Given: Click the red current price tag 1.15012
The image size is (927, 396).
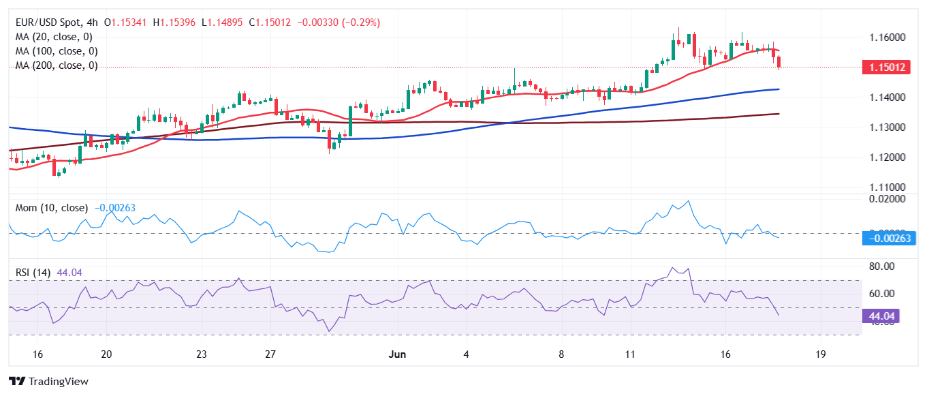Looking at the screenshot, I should pyautogui.click(x=884, y=67).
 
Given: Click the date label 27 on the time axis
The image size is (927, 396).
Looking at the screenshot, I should pyautogui.click(x=270, y=354).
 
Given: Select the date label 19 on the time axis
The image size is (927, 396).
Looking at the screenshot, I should pyautogui.click(x=820, y=354).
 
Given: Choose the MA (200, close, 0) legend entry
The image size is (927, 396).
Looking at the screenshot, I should pyautogui.click(x=56, y=65).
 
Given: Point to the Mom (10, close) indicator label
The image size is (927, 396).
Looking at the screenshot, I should pyautogui.click(x=51, y=207).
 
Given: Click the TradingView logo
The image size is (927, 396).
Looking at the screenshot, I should pyautogui.click(x=48, y=382).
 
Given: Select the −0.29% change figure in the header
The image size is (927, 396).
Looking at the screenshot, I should pyautogui.click(x=364, y=22).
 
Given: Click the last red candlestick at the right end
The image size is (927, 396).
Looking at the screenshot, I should pyautogui.click(x=779, y=62).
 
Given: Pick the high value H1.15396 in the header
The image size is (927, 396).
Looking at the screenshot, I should pyautogui.click(x=174, y=22).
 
